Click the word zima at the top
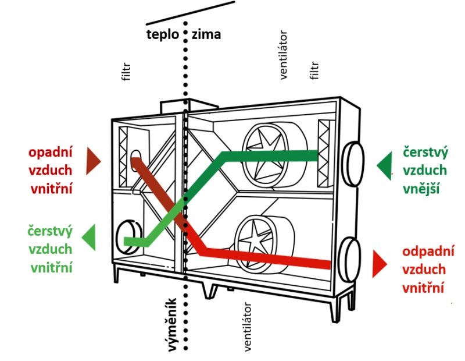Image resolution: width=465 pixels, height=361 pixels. click(206, 34)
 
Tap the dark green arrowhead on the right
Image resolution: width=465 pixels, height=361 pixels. click(384, 165)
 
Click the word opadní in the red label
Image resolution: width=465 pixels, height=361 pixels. click(50, 153)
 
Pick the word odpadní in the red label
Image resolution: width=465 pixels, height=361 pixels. click(428, 252)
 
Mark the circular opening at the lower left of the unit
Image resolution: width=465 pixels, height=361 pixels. click(129, 235)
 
